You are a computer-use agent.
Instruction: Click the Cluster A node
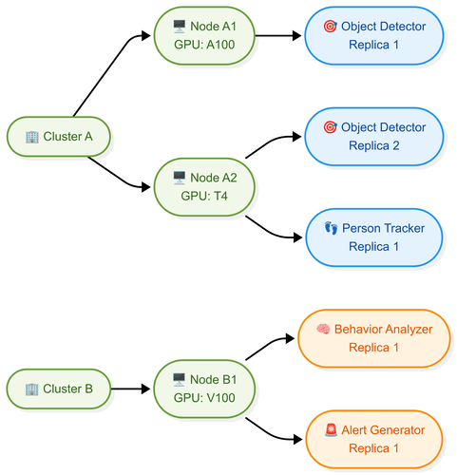pos(59,136)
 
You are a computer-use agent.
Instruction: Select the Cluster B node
pos(59,389)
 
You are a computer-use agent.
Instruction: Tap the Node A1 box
pos(204,35)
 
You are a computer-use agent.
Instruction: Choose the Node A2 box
pos(204,186)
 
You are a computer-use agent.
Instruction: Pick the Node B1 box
pos(204,389)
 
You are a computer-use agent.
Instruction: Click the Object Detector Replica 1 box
pos(374,35)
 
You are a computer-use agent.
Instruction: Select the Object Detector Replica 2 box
pos(374,136)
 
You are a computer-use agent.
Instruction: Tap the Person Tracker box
pos(374,237)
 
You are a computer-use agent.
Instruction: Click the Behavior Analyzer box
pos(374,338)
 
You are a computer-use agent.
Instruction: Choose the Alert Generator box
pos(374,439)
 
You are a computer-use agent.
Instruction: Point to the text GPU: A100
pos(204,45)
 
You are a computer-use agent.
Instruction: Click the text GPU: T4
pos(204,196)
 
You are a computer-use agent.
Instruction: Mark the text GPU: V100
pos(204,398)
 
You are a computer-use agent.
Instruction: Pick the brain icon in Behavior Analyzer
pos(323,329)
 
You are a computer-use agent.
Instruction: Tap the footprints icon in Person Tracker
pos(331,228)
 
